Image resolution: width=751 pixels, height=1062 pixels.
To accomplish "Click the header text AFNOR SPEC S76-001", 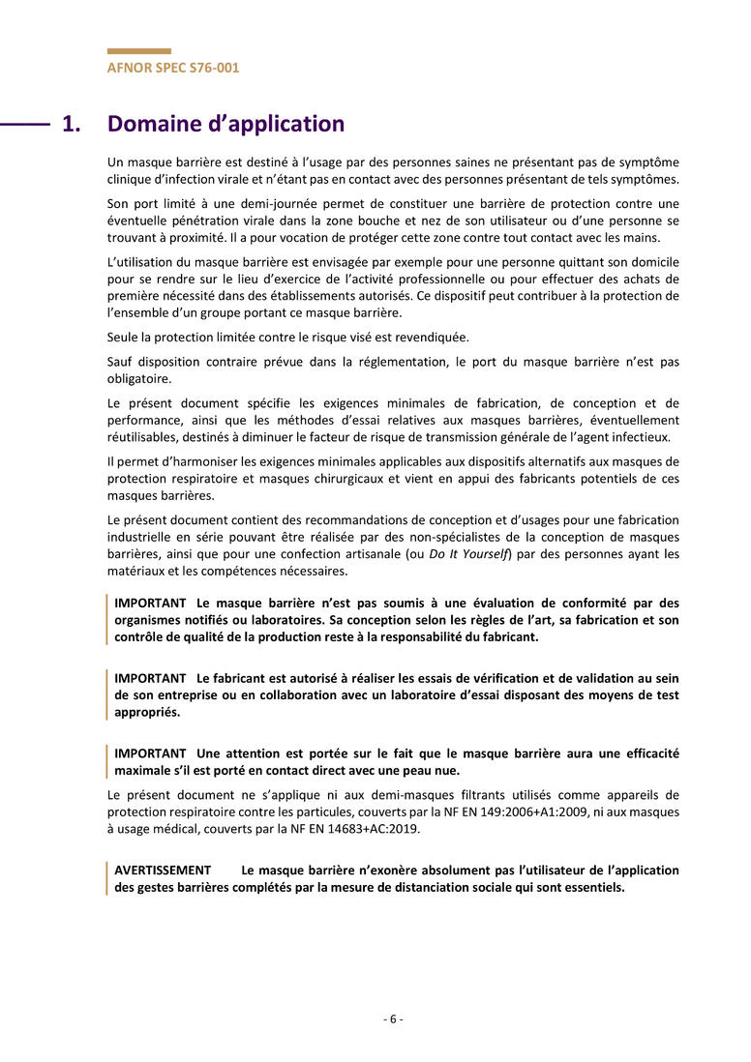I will click(173, 68).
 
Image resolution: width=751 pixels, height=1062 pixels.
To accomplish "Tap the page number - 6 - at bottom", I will click(393, 1018).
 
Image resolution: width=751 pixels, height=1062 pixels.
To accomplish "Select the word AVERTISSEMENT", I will click(163, 870).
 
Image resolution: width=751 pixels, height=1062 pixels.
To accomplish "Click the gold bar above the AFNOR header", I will click(138, 51).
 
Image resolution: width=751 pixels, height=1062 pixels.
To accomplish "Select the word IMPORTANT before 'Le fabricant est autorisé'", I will click(150, 678).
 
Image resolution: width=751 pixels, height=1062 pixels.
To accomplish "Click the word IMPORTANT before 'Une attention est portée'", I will click(150, 753).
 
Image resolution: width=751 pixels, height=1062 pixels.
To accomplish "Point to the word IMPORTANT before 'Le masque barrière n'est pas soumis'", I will click(150, 603).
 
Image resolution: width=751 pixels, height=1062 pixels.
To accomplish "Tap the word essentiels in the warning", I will click(593, 887).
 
